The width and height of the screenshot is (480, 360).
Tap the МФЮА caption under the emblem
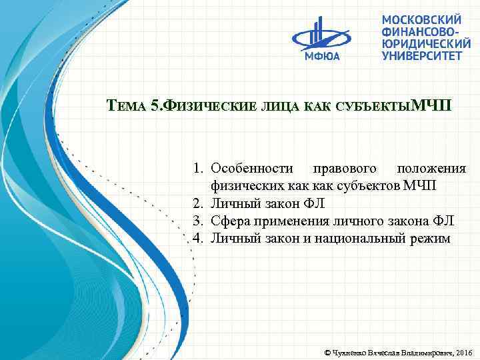click(323, 56)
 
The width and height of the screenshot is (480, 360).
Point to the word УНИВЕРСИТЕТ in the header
click(421, 56)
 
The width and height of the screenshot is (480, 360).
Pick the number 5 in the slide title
click(155, 106)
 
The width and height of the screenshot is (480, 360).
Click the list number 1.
click(198, 169)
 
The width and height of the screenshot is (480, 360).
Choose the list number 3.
click(198, 221)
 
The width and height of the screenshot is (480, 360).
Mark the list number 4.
click(198, 238)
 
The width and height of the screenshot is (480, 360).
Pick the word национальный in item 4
click(366, 238)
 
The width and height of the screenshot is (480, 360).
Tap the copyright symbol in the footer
click(326, 351)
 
